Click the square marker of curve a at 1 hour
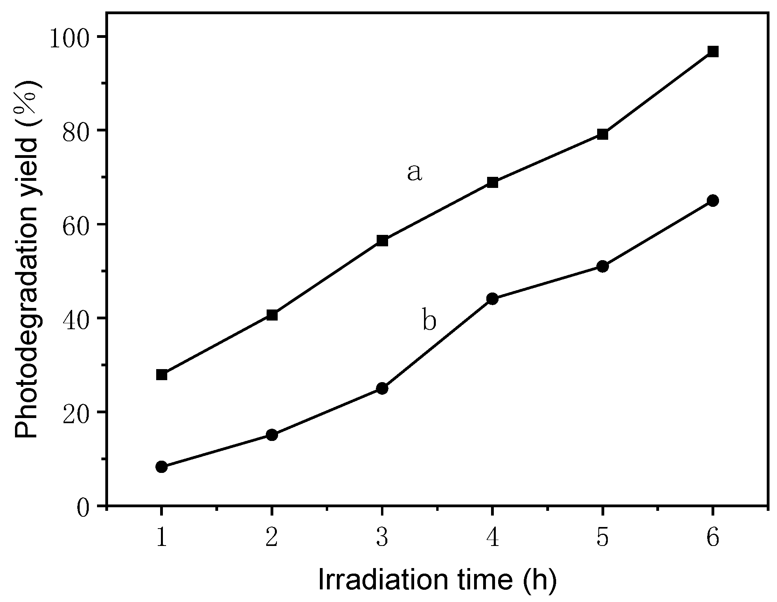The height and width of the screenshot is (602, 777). tap(161, 375)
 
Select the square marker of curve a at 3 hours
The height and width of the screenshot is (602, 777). tap(382, 240)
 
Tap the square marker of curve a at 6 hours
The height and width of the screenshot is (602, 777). tap(713, 52)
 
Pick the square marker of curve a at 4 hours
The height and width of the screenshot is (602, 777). tap(492, 182)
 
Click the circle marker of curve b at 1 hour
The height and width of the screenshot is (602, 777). tap(161, 467)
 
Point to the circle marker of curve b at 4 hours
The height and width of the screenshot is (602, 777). tap(492, 299)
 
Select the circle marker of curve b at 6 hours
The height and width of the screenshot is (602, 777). tap(713, 201)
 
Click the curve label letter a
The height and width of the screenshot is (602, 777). tap(414, 173)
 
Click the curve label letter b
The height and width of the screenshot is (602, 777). tap(429, 320)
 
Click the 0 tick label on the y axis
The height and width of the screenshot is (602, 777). tap(84, 507)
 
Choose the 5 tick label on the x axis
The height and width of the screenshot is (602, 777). tap(602, 538)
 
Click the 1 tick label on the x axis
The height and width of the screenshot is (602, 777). tap(161, 538)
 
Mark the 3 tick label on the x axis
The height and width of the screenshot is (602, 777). tap(382, 538)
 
